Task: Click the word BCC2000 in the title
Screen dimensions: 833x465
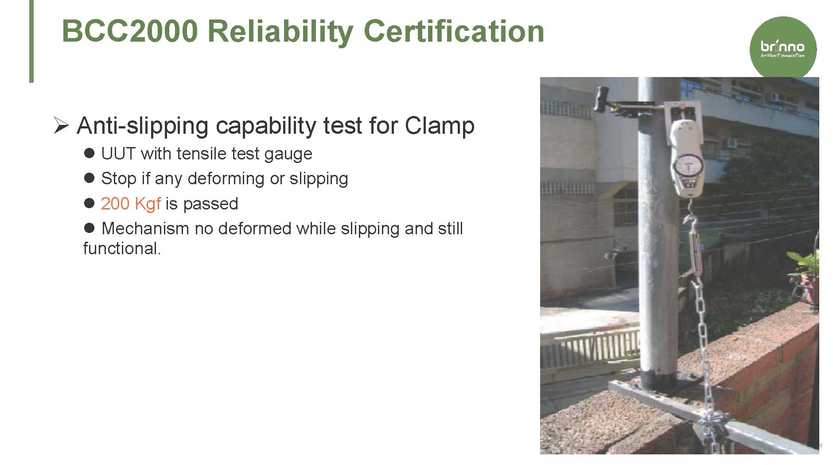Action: point(130,31)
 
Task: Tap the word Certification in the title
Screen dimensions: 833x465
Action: point(454,31)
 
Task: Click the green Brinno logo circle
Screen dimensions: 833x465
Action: point(783,48)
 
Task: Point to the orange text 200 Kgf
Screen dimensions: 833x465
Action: point(131,204)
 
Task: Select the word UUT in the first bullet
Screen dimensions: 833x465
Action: point(118,154)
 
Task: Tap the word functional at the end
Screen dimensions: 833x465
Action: point(122,248)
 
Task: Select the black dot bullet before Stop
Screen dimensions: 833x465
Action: point(89,178)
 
